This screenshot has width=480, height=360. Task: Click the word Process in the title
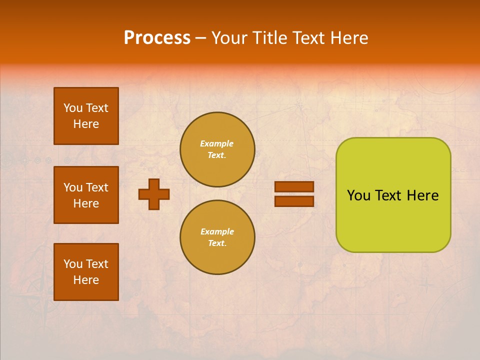click(157, 38)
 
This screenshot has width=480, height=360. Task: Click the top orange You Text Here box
click(86, 116)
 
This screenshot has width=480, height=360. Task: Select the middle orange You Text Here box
click(86, 195)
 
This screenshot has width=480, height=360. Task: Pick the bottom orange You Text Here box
click(86, 272)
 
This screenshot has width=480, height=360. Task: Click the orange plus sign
click(154, 194)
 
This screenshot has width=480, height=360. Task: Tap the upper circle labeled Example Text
click(217, 149)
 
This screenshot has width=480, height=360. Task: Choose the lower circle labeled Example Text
click(217, 237)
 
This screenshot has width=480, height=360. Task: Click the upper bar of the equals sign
click(294, 187)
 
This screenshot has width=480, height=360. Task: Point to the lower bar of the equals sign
click(294, 201)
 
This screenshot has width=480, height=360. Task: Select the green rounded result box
click(393, 220)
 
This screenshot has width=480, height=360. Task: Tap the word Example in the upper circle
click(217, 143)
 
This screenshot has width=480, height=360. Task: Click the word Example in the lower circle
click(217, 231)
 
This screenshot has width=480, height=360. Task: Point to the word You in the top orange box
click(73, 108)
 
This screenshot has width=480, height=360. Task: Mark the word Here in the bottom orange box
click(86, 280)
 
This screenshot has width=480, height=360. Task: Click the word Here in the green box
click(422, 195)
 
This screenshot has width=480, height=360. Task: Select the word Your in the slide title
click(228, 38)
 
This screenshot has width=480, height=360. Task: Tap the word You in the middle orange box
click(73, 187)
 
